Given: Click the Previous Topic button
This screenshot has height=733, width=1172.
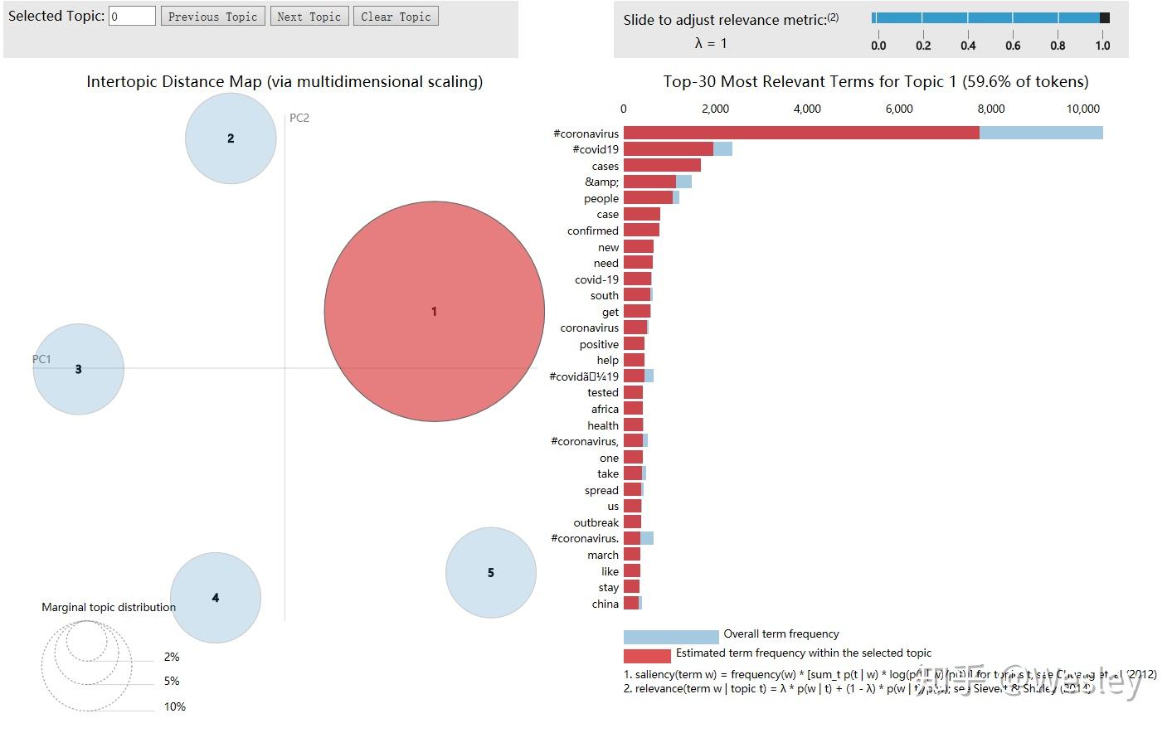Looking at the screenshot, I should tap(213, 17).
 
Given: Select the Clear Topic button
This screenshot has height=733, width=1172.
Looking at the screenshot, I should tap(396, 17).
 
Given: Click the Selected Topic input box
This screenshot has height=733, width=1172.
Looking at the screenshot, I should tap(132, 16).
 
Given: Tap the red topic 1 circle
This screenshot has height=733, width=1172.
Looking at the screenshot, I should tap(434, 311).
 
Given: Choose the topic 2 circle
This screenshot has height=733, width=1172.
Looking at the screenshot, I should tap(231, 138).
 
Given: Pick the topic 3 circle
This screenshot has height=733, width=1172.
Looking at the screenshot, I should tap(79, 369).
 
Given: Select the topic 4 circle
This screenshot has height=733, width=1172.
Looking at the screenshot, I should tap(216, 598).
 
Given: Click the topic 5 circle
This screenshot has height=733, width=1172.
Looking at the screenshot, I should tap(491, 573).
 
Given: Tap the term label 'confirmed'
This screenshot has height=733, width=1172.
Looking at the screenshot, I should tap(593, 231).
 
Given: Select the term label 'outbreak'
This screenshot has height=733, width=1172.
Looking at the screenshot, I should tap(596, 522).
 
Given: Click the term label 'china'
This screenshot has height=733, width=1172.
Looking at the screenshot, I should tap(605, 604).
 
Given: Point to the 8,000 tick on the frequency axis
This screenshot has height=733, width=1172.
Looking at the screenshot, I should tap(991, 109).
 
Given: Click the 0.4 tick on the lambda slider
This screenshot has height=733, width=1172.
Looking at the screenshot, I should tap(968, 46).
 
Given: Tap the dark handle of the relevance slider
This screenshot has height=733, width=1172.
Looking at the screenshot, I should tap(1104, 17).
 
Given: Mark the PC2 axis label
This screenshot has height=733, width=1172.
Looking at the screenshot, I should tap(299, 118).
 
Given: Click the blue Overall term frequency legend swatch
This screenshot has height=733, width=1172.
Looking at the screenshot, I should tap(671, 637).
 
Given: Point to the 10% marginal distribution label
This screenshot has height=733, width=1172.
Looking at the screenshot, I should tap(175, 706).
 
